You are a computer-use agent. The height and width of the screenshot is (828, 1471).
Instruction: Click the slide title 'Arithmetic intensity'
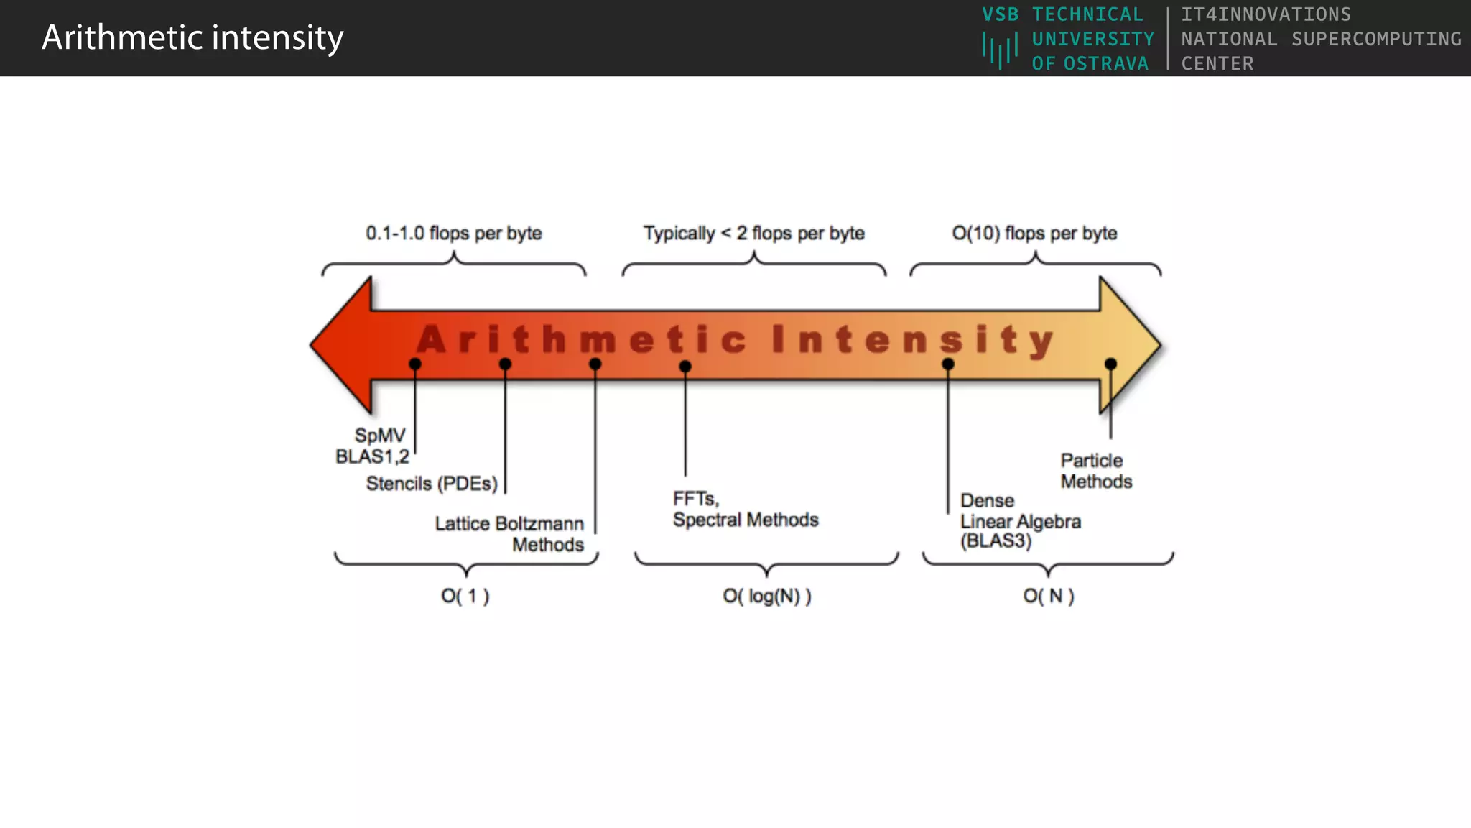click(192, 37)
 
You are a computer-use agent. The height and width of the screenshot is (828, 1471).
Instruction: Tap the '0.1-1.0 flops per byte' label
click(453, 233)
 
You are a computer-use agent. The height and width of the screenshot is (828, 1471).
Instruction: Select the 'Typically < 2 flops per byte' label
click(753, 233)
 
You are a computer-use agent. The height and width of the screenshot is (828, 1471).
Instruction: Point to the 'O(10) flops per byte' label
click(1034, 233)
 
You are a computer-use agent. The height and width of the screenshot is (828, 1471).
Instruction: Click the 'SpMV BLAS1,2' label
click(372, 446)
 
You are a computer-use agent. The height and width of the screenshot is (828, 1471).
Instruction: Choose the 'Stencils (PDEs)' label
click(432, 484)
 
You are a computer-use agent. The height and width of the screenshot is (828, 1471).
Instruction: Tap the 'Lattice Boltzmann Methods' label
click(510, 533)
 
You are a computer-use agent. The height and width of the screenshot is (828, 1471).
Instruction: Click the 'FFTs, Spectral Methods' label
click(745, 509)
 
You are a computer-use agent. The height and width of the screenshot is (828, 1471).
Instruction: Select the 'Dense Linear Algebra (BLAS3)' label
click(1020, 520)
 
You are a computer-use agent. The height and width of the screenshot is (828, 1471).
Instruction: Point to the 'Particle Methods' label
click(1096, 471)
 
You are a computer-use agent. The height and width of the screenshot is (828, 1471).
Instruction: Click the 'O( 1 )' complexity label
click(465, 596)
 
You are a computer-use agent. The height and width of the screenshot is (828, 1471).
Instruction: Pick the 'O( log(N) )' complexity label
click(766, 596)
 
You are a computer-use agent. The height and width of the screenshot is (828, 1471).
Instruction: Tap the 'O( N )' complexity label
click(1048, 596)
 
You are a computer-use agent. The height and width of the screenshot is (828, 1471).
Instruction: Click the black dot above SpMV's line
click(415, 364)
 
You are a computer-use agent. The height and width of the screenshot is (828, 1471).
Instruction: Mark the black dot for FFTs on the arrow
click(685, 367)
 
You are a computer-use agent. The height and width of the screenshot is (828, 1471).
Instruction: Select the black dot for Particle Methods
click(1110, 364)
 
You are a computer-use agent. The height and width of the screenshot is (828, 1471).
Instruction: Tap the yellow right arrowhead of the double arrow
click(1129, 345)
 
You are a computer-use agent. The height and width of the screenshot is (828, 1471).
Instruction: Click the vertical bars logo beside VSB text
click(1000, 50)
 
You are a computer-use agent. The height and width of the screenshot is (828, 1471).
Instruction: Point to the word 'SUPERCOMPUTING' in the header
click(1376, 39)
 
